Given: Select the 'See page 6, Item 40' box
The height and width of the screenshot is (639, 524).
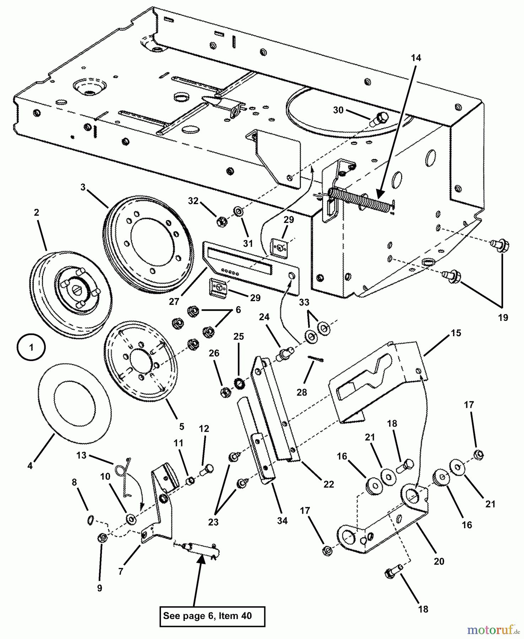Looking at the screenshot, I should (x=212, y=616).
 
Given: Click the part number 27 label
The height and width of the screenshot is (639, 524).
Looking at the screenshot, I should (x=174, y=301).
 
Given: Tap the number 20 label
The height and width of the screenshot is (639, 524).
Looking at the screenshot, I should (x=439, y=561).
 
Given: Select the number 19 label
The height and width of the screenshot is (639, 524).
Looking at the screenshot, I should (x=503, y=317).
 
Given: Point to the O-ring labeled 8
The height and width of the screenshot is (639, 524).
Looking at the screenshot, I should (x=90, y=520).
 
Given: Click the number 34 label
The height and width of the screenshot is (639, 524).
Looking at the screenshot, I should (x=282, y=521).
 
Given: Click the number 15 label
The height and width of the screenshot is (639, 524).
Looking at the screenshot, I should (x=456, y=333).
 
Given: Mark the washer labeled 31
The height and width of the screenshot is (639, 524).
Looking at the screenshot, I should (x=238, y=212).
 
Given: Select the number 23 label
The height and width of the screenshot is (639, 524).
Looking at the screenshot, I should (x=213, y=522).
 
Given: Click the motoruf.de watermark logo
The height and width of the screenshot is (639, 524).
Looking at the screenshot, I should (x=492, y=630).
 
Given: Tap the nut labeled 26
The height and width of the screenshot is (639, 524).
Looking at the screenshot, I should (x=225, y=392).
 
